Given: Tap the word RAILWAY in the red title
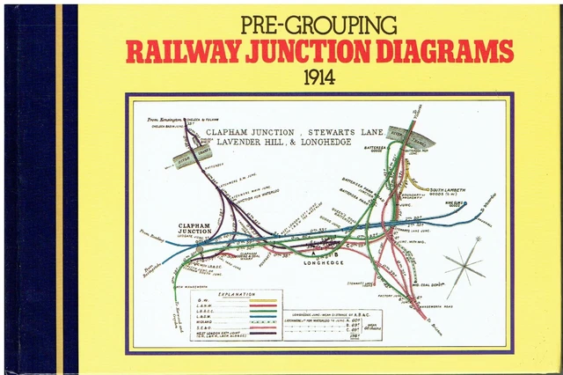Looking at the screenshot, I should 176,52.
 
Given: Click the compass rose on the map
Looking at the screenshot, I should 464,263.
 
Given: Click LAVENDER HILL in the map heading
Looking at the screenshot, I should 245,144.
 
